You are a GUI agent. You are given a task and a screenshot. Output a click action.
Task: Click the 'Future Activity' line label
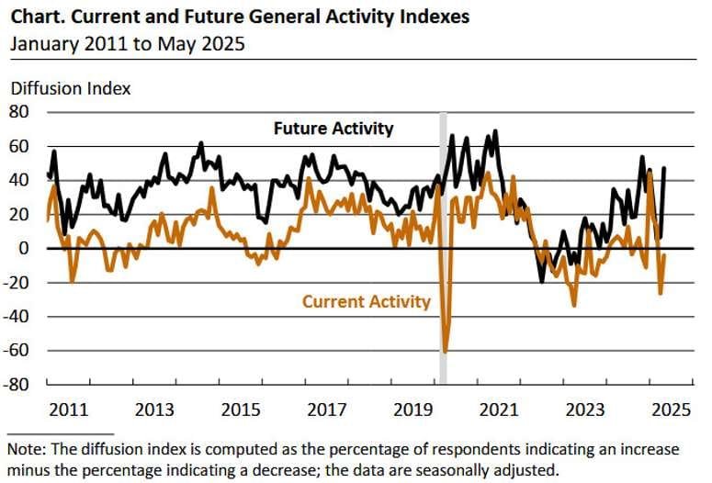tap(333, 129)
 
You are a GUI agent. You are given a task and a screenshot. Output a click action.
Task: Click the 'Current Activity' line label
tap(366, 301)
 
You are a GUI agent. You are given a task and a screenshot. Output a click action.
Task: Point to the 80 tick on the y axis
tap(20, 112)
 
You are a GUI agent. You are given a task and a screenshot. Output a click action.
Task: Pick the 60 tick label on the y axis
tap(20, 146)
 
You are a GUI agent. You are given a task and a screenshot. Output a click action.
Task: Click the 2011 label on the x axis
tap(69, 410)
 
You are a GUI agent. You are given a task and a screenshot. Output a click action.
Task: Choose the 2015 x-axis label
tap(240, 410)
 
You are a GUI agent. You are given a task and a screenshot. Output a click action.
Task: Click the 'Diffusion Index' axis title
tap(71, 89)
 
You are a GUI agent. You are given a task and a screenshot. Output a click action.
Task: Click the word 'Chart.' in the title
tap(36, 17)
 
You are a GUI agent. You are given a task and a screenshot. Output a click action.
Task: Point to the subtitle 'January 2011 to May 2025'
tap(128, 42)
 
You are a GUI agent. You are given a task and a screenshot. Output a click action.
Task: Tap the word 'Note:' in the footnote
tap(28, 450)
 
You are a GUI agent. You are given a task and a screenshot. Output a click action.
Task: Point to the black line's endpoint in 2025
tap(664, 168)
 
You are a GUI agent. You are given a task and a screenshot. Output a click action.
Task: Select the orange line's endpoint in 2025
tap(664, 256)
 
